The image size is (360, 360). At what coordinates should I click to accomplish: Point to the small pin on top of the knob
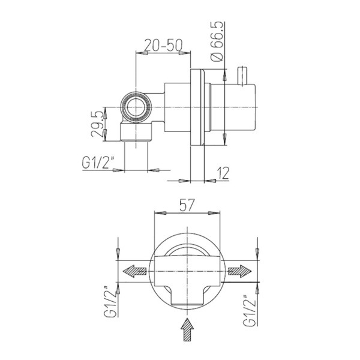(x=243, y=77)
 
